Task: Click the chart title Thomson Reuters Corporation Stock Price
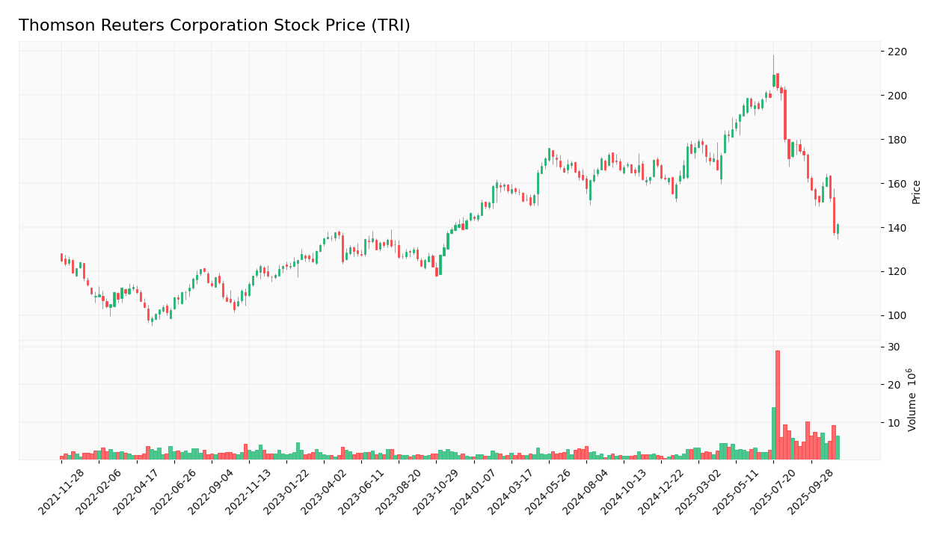point(214,26)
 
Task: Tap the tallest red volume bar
point(778,403)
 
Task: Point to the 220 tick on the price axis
point(897,52)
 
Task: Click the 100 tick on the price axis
point(897,315)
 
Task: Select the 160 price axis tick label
point(897,184)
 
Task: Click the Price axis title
point(916,192)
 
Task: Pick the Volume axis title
point(912,400)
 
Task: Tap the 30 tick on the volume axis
point(894,347)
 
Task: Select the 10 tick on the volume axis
point(894,423)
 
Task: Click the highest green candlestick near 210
point(774,81)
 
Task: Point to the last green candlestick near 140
point(838,229)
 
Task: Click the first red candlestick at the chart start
point(62,257)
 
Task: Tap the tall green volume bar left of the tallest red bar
point(773,433)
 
